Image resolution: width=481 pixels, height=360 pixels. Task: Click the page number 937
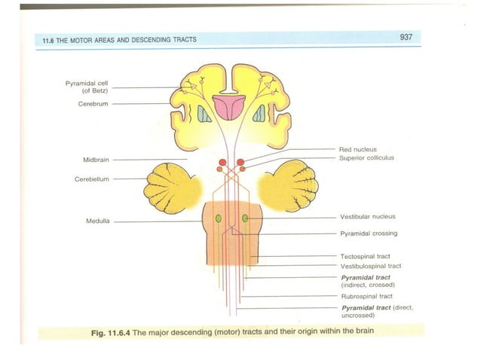(405, 37)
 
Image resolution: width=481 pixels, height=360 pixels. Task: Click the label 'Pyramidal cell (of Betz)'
(87, 87)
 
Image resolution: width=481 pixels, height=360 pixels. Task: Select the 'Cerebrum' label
(93, 104)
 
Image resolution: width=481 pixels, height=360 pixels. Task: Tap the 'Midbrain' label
(97, 160)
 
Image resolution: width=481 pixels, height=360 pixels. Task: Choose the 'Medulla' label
(99, 221)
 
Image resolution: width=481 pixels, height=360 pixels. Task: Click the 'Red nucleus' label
(359, 150)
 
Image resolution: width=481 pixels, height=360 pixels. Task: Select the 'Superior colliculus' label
(366, 158)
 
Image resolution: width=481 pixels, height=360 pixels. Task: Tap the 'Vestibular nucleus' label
(367, 217)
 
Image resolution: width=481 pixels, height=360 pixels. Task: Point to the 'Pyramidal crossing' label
(369, 233)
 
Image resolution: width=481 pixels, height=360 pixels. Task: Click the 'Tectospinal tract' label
(365, 257)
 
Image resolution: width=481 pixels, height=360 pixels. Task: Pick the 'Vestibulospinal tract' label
(370, 266)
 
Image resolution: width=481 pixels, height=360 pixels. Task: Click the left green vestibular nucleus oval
(219, 218)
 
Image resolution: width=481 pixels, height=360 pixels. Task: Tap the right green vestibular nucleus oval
(245, 218)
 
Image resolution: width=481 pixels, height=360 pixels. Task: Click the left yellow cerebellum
(172, 186)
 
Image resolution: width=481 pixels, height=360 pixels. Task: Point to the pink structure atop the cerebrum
(228, 106)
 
